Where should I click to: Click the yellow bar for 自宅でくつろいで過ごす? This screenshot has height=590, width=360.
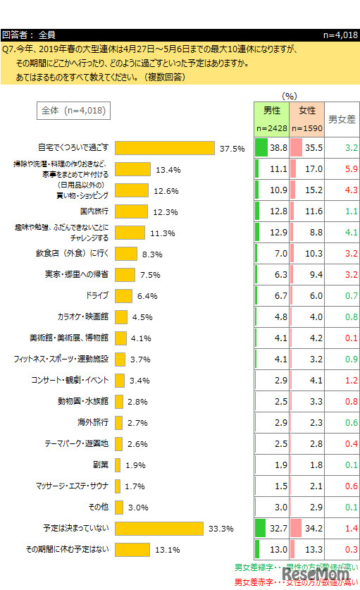click(x=164, y=148)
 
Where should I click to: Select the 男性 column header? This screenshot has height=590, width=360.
click(x=271, y=111)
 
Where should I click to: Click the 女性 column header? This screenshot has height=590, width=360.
click(x=306, y=111)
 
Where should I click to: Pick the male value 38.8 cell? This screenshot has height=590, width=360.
click(x=271, y=148)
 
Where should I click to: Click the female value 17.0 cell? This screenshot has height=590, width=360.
click(x=306, y=169)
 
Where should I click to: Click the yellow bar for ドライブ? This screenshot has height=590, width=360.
click(x=123, y=296)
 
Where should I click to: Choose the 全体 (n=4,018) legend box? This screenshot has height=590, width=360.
click(x=73, y=110)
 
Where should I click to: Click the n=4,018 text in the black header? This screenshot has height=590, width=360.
click(x=340, y=34)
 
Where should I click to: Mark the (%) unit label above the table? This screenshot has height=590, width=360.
click(x=290, y=95)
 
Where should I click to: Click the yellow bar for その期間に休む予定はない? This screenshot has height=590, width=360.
click(x=132, y=550)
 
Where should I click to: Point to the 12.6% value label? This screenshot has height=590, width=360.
click(x=166, y=190)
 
